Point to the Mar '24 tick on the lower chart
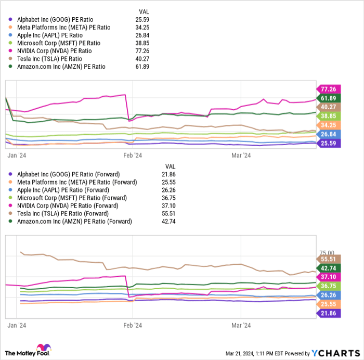click(241, 325)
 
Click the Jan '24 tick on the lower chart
click(18, 325)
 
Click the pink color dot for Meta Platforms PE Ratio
click(11, 28)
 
